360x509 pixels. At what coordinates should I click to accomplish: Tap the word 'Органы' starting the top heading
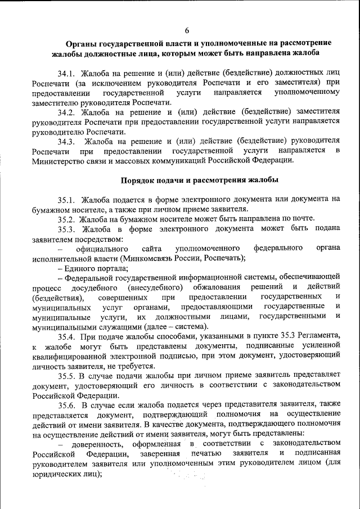click(80, 43)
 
